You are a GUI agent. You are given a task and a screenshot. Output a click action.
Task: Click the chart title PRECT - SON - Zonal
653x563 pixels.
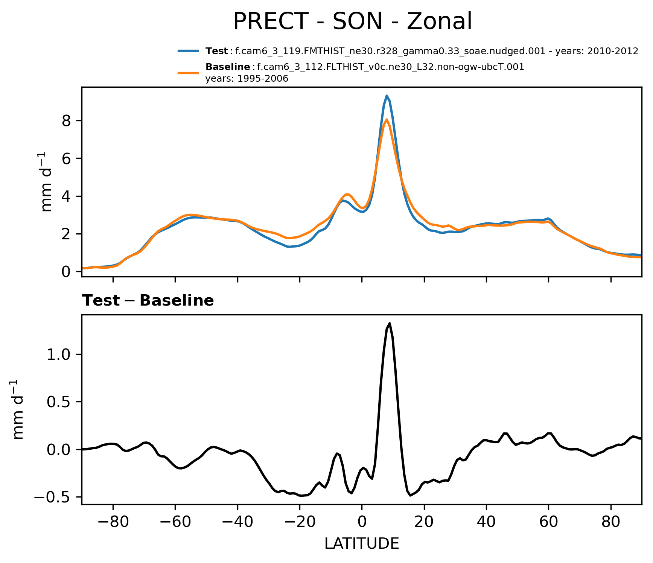point(352,21)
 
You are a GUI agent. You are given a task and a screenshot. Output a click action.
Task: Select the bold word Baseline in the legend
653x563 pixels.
point(228,67)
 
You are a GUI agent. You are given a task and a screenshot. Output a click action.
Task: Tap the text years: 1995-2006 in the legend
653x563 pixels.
point(247,79)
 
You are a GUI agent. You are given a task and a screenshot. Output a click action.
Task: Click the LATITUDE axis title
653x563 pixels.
point(362,543)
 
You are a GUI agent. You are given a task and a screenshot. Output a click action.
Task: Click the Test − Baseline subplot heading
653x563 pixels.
point(148,301)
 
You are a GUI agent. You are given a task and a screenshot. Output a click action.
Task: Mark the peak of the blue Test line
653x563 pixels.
point(387,96)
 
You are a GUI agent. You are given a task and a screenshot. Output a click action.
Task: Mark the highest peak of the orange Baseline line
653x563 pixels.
point(387,120)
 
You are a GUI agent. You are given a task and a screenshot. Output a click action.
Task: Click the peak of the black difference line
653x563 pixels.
point(390,323)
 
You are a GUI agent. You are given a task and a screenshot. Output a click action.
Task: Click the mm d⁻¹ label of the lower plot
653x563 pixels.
point(18,409)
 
